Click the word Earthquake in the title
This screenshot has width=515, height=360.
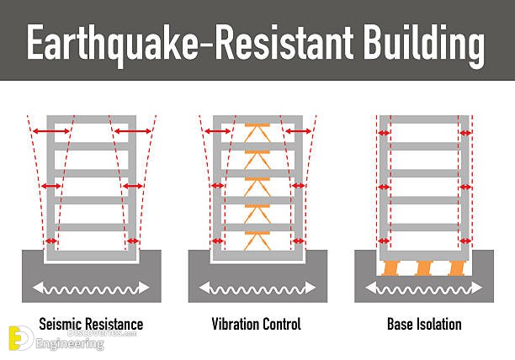(113, 45)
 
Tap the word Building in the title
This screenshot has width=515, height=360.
(423, 45)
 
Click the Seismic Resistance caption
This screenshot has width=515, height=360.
(91, 324)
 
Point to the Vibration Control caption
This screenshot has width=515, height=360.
(256, 324)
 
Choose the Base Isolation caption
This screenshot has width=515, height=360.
(424, 324)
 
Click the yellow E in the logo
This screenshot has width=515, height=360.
(15, 338)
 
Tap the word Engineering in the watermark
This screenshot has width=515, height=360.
(70, 343)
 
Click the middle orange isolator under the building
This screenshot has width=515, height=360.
(423, 268)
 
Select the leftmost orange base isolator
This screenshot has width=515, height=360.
(390, 268)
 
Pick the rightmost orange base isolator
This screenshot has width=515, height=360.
(457, 268)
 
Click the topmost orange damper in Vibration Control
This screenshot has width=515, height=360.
(257, 133)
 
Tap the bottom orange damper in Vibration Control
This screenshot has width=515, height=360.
(257, 241)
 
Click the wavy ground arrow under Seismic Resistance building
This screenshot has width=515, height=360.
(91, 288)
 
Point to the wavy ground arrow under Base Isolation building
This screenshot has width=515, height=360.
(423, 288)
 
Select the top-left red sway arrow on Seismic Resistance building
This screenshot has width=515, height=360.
(51, 131)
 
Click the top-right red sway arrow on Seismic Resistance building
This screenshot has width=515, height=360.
(132, 131)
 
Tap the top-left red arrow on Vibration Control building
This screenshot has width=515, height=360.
(218, 131)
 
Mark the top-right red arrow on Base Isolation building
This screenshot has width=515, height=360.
(465, 133)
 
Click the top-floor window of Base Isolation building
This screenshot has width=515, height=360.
(424, 133)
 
